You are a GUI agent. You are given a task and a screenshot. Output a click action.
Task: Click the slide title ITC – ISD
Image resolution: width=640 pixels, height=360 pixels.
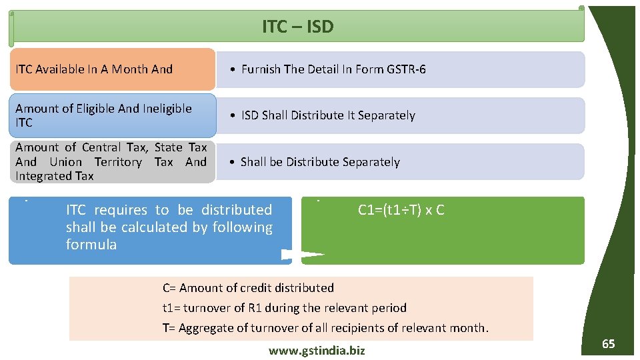(297, 27)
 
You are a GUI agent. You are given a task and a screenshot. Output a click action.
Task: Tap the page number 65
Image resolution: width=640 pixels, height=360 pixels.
(608, 344)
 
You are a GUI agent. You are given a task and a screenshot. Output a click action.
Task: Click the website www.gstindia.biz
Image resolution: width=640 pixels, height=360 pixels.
(317, 351)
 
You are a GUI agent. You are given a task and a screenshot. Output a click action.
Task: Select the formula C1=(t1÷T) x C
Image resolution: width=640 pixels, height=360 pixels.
(401, 210)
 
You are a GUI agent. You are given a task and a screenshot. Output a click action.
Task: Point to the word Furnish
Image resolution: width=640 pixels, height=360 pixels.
(261, 69)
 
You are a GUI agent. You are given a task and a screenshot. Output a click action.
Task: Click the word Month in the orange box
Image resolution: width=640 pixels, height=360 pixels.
(130, 69)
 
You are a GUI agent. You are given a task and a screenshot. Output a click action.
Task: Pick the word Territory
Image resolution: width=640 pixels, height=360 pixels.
(117, 162)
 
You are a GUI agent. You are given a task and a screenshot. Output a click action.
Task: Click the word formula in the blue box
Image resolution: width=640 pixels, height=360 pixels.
(91, 245)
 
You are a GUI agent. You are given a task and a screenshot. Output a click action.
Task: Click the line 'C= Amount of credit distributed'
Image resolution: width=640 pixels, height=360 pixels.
(248, 288)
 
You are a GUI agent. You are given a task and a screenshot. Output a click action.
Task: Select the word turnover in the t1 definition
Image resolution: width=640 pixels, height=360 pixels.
(209, 308)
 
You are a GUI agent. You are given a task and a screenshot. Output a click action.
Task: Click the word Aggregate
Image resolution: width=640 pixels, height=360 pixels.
(205, 328)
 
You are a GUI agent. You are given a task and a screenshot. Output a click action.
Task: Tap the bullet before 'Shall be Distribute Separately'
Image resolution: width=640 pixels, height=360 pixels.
(231, 162)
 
